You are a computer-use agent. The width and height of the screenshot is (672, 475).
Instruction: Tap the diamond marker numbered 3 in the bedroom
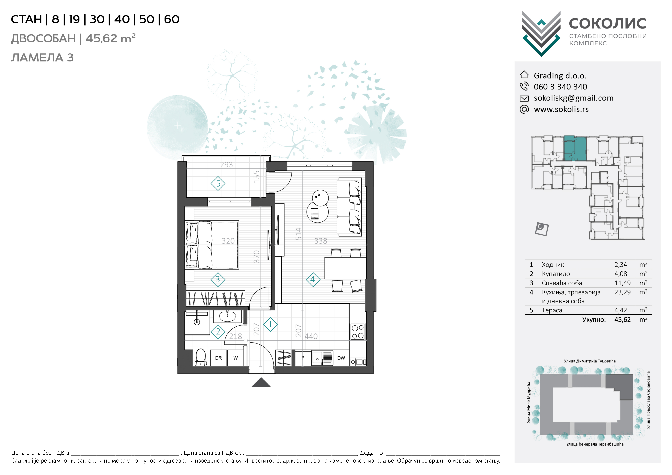point(218,280)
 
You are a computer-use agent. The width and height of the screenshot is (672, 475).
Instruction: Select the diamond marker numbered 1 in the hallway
point(270,325)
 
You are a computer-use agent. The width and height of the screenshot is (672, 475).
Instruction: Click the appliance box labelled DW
point(341,358)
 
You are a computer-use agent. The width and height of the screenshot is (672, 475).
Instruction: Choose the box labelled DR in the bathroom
point(218,358)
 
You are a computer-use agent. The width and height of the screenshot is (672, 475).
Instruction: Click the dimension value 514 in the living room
point(298,234)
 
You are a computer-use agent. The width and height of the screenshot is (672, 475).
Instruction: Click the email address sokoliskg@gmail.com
point(573,98)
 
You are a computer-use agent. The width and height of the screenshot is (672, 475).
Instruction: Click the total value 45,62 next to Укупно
point(622,320)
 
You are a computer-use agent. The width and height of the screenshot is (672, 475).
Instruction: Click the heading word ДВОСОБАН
point(43,39)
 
